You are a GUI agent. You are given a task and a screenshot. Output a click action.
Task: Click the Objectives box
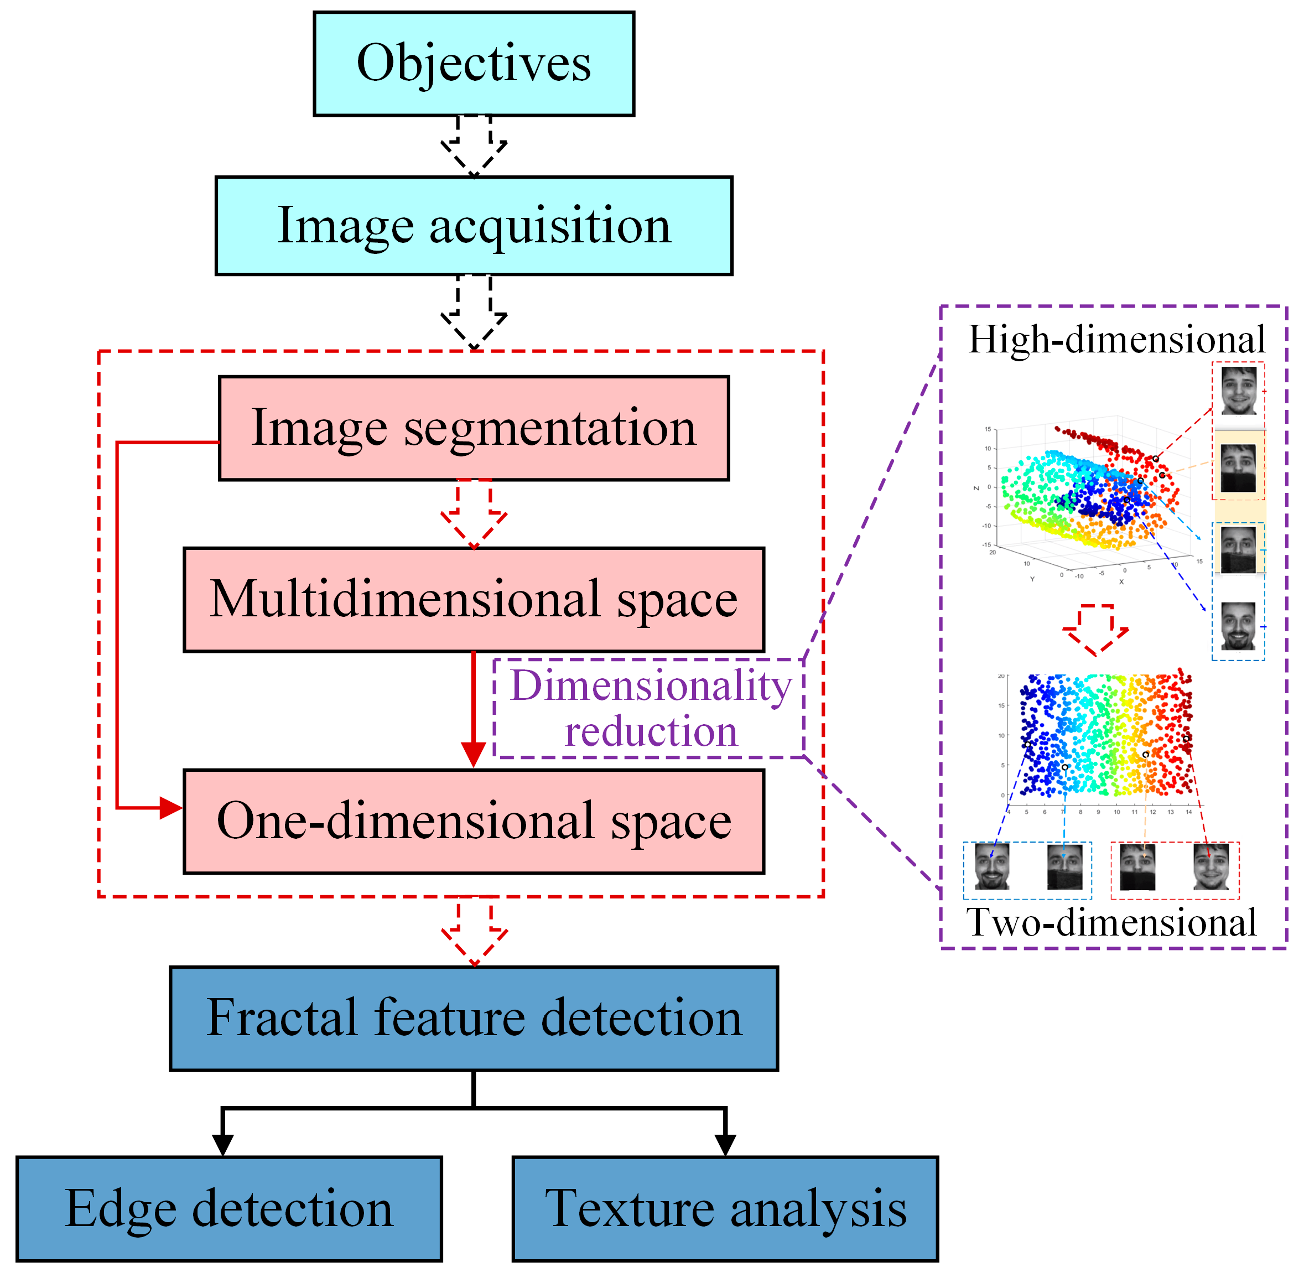(474, 64)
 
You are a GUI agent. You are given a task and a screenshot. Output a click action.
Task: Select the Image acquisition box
(474, 226)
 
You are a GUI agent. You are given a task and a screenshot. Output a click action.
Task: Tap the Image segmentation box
(474, 428)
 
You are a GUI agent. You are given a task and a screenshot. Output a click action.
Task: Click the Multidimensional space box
(474, 599)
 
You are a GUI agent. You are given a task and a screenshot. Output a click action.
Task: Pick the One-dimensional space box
(474, 822)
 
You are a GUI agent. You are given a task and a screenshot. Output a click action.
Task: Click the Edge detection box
(229, 1209)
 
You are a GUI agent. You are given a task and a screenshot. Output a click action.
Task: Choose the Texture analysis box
(725, 1209)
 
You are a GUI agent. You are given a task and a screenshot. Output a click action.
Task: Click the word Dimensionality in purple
(651, 686)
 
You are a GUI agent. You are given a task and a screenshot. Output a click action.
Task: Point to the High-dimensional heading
(1116, 339)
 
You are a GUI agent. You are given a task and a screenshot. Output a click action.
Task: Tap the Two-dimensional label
(1111, 922)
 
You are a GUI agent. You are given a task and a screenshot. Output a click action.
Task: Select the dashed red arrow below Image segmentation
(474, 514)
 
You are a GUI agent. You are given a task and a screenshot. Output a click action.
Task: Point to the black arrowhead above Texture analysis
(725, 1145)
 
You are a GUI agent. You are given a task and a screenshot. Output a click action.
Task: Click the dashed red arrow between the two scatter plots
(1095, 630)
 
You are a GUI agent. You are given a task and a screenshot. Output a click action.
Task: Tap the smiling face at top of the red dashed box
(1238, 391)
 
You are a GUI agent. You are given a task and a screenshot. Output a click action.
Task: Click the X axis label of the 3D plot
(1121, 582)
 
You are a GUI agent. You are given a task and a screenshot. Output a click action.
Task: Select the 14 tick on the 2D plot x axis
(1188, 812)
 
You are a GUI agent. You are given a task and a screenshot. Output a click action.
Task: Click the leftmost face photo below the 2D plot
(992, 867)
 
